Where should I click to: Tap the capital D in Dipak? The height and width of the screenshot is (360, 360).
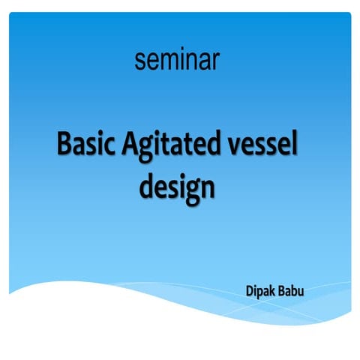249,290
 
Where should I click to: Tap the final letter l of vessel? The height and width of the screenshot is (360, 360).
294,142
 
